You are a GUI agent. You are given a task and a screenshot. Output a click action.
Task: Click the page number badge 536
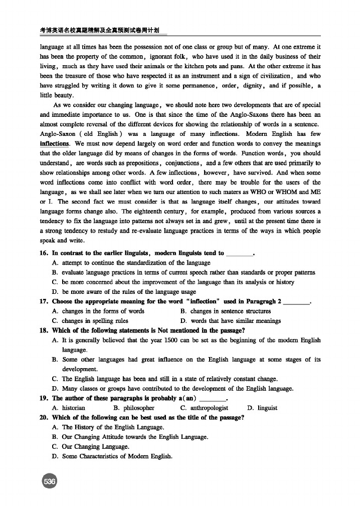click(x=50, y=481)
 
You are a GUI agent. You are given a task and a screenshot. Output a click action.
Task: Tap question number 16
click(x=44, y=253)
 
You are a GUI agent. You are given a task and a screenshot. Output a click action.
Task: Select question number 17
click(x=44, y=301)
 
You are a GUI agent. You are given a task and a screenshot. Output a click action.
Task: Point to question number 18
click(x=44, y=330)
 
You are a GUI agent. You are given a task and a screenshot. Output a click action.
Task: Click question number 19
click(x=44, y=399)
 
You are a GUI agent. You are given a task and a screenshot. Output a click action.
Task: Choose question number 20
click(x=44, y=418)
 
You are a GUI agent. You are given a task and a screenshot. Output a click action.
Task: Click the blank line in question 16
click(x=240, y=254)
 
